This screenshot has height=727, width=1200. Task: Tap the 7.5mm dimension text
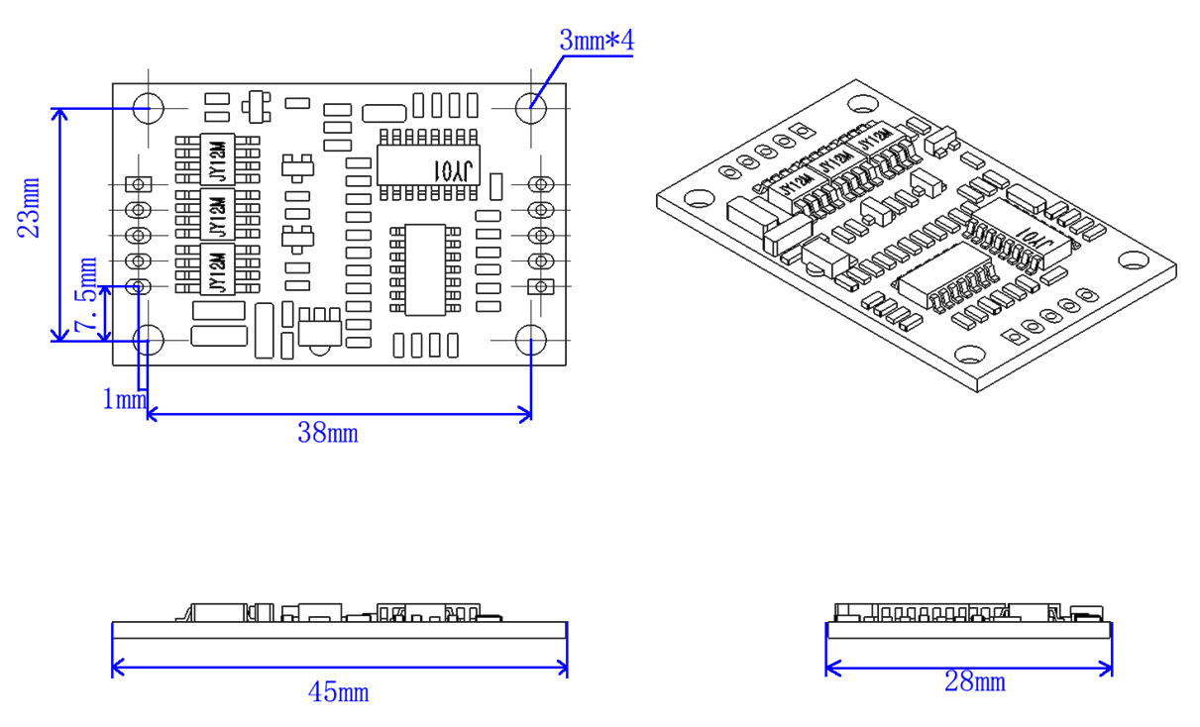88,294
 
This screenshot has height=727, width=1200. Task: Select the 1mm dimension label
124,399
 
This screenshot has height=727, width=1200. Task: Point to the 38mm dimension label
328,432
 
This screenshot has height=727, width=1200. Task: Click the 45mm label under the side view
338,691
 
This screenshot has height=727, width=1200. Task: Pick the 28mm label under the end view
975,681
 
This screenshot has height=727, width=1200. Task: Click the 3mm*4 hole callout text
597,41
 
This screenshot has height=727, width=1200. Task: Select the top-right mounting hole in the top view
531,102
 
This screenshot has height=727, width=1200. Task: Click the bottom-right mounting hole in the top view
531,340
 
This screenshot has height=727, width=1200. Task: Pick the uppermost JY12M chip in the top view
218,158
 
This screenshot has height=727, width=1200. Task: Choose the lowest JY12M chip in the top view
218,268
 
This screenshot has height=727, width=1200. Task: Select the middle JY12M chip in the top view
218,213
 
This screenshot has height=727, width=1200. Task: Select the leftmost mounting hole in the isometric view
699,198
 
